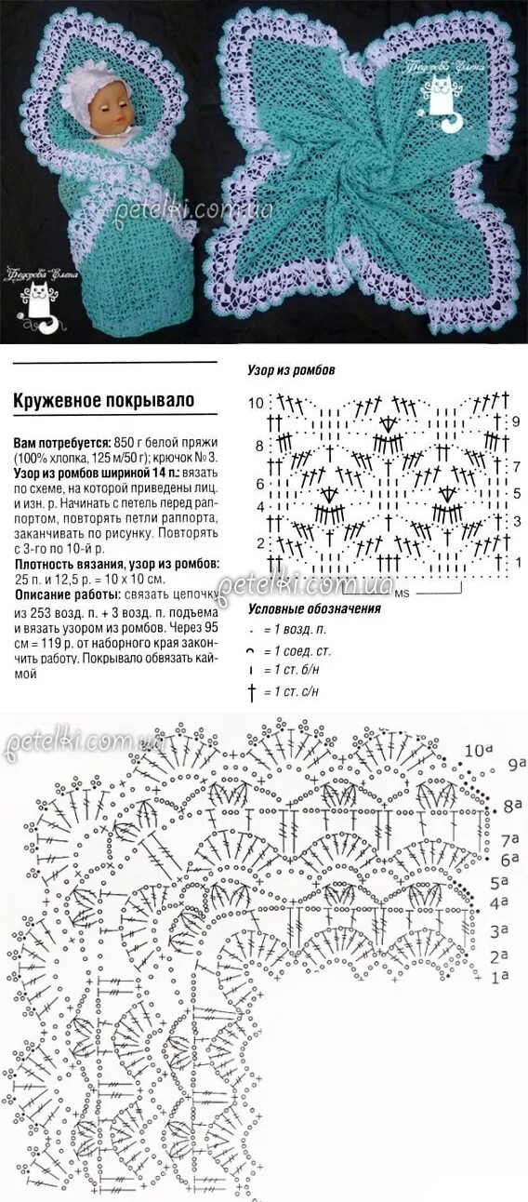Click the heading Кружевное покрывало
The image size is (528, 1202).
[103, 400]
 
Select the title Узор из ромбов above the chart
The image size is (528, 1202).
[291, 369]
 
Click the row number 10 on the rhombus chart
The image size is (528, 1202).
[257, 403]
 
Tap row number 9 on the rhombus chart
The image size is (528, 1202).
[516, 421]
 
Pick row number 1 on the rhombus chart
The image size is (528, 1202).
[518, 562]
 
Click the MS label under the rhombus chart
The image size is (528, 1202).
[402, 594]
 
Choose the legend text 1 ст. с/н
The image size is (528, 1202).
[297, 691]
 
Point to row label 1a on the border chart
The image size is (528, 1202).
[500, 977]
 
